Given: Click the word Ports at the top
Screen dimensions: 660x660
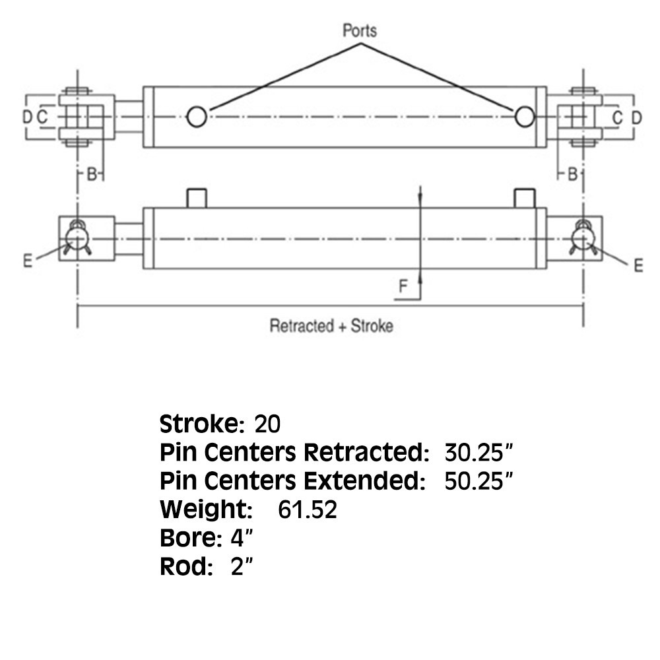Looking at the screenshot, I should click(360, 30).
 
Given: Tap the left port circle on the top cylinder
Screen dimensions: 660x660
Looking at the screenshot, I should click(196, 117).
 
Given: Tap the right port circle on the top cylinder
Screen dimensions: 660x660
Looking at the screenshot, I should click(525, 117).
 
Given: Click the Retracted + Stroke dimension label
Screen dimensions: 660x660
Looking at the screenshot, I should click(331, 326).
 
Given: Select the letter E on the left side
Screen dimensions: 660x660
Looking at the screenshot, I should click(27, 261).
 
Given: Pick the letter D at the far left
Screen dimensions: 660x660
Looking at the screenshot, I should click(26, 117).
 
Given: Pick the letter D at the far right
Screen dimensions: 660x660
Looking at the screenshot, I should click(636, 117).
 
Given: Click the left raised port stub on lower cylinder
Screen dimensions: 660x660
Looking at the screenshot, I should click(197, 197).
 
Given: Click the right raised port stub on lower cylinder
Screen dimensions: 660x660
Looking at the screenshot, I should click(525, 197).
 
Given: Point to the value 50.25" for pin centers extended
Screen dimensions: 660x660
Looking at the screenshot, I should click(477, 481).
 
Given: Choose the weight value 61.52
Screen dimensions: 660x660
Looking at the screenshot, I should click(308, 510).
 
